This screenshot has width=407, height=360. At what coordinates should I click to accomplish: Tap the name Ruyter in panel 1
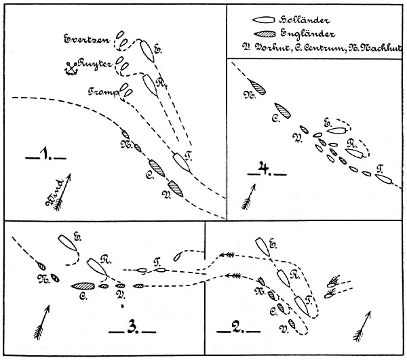point(94,65)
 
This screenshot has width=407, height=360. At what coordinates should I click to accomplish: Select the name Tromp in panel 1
point(102,90)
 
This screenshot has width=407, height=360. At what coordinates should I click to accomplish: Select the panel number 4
point(264,169)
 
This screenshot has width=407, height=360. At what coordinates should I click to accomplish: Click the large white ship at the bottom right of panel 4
point(386,179)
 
